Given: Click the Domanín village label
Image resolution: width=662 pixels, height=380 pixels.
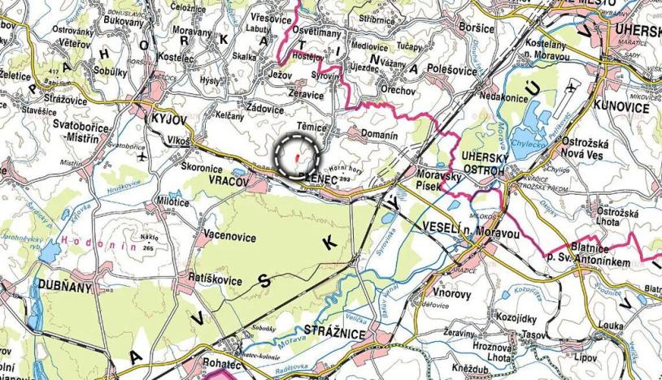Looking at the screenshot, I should (x=378, y=134).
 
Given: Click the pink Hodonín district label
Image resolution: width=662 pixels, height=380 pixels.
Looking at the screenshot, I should (x=89, y=240).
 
